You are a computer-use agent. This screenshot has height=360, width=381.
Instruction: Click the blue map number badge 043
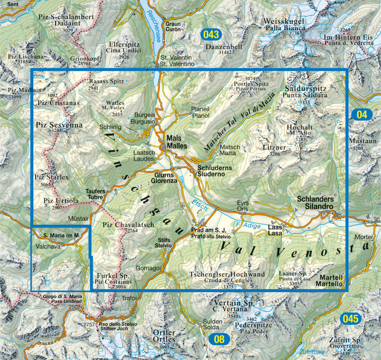211,35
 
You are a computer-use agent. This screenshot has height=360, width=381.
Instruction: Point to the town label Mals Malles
177,143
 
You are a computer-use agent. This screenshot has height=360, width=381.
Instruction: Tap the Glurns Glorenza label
165,179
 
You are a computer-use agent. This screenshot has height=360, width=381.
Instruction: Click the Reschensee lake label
153,22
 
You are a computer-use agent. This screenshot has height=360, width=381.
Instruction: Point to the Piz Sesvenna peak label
59,125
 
